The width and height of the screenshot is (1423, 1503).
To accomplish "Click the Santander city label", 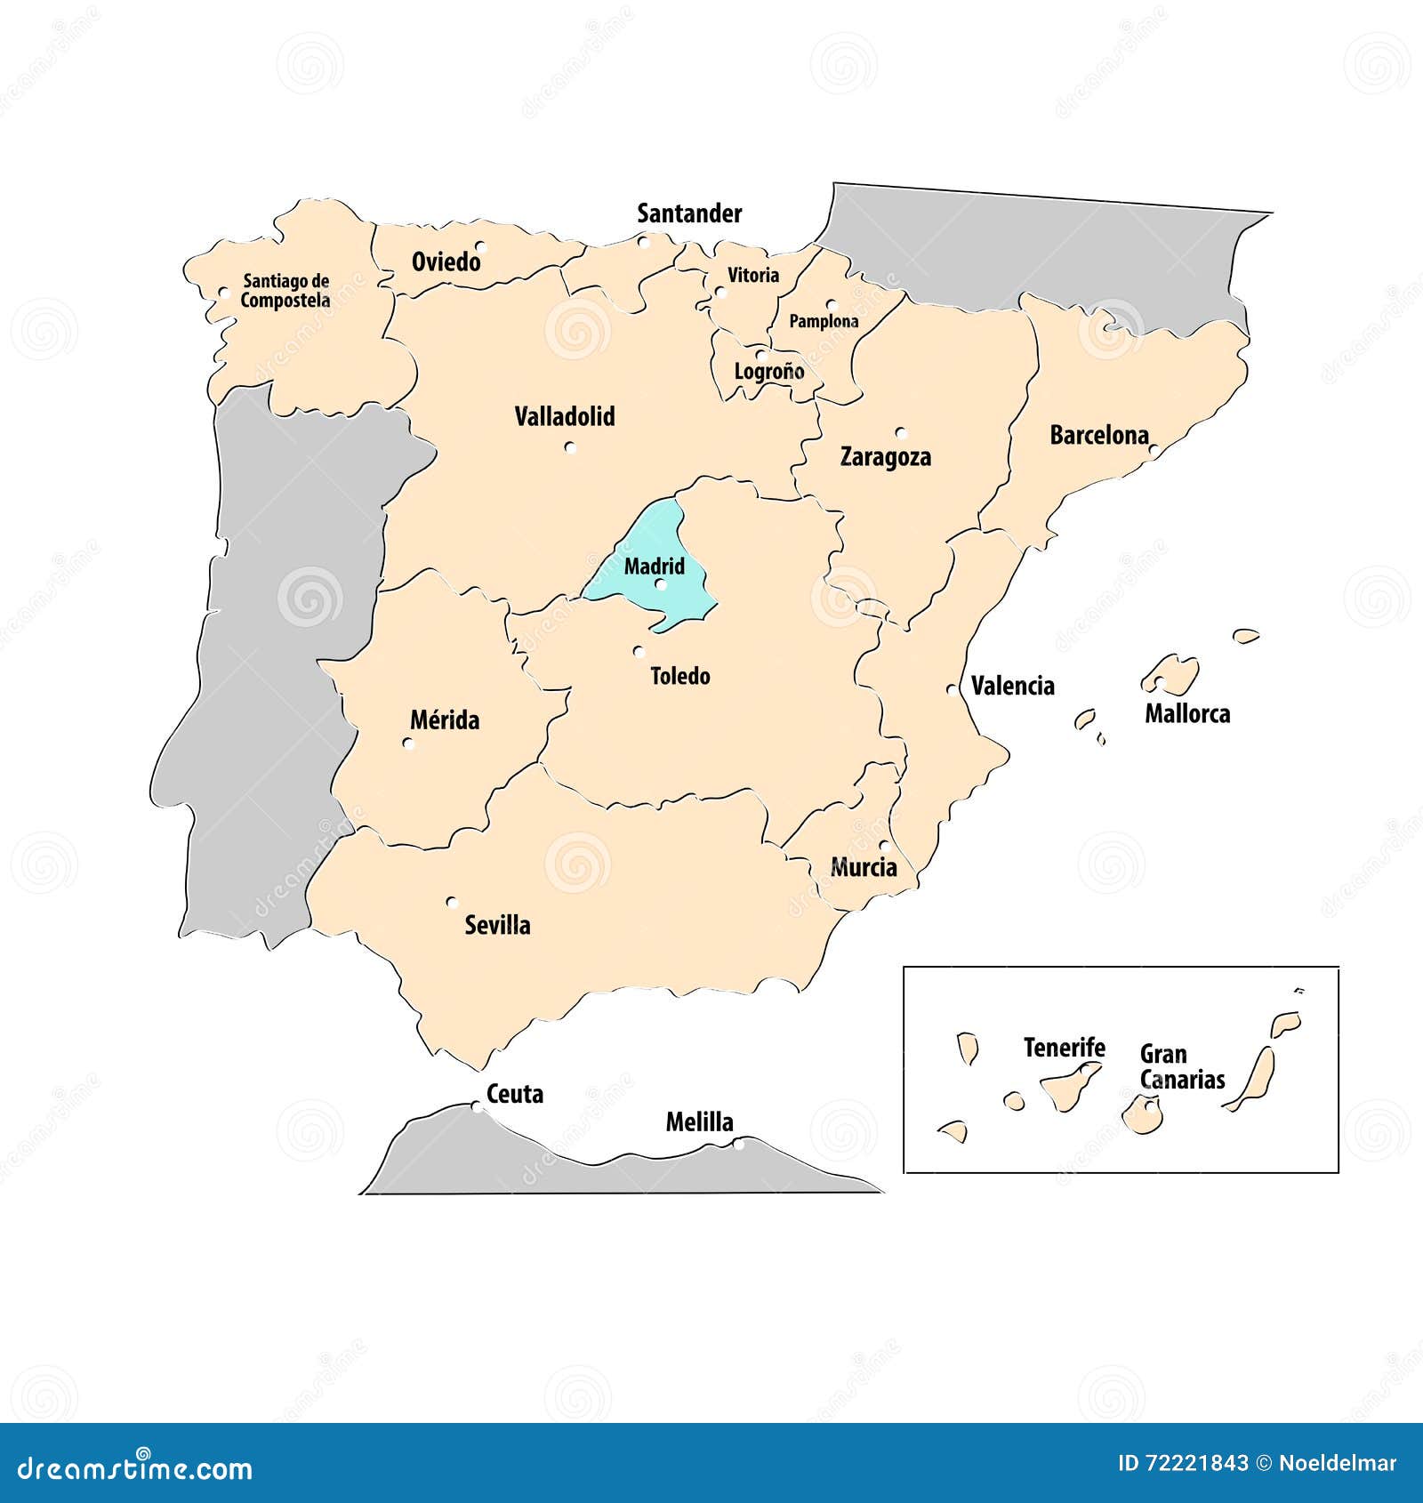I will click(x=689, y=213).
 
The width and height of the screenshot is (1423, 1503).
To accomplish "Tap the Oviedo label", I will click(x=446, y=261).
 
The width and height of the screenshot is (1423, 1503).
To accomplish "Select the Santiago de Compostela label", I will click(x=285, y=291).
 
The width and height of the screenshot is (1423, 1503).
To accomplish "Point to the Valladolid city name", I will click(x=565, y=416).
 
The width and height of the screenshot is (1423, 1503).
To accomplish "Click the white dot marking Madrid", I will click(x=661, y=584).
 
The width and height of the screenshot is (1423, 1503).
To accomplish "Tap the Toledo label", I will click(x=680, y=676).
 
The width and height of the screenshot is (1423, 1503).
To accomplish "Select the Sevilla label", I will click(x=497, y=925).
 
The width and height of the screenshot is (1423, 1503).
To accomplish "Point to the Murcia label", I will click(x=864, y=867).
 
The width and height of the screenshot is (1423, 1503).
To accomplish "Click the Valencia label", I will click(x=1013, y=686).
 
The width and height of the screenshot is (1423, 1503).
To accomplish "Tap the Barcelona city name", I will click(x=1099, y=435).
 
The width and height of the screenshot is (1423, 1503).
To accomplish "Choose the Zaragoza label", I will click(x=886, y=456).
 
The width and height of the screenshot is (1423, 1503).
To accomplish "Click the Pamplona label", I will click(x=824, y=321).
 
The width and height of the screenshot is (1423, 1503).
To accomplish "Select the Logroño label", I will click(x=768, y=371).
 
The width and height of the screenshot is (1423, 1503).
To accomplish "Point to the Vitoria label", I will click(x=753, y=276).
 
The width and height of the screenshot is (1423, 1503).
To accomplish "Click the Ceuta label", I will click(x=515, y=1094).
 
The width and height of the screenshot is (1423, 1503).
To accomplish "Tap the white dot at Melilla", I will click(x=739, y=1145).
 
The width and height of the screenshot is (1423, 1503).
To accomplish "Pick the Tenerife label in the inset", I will click(x=1064, y=1048).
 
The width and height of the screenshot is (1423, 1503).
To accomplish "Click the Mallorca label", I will click(x=1187, y=713).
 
